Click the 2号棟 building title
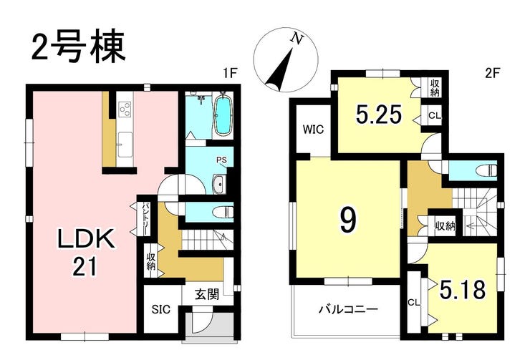78,47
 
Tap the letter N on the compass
297,39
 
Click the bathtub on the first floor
223,115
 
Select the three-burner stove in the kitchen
125,109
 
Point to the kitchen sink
125,145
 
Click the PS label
222,160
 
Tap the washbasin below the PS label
218,185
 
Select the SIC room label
161,309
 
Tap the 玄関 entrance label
207,294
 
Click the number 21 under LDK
85,266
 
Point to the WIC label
313,130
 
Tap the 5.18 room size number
463,290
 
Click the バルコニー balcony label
349,309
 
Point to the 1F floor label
231,73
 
